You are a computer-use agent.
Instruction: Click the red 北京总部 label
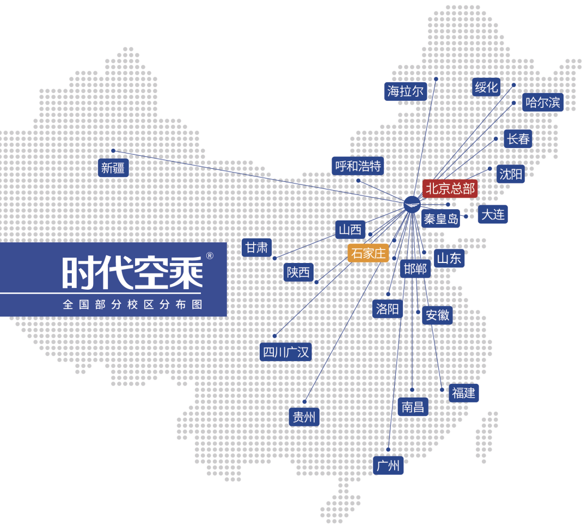coord(450,189)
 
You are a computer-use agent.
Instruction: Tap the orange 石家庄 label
coord(368,253)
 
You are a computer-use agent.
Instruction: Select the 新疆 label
coord(113,168)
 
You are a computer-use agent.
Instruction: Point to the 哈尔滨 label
coord(542,102)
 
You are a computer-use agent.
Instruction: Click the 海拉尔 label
coord(405,91)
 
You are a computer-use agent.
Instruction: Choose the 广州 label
coord(388,466)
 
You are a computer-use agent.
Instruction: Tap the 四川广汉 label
coord(286,352)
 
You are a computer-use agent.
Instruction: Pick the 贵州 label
coord(304,417)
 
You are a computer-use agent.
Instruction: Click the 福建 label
coord(463,393)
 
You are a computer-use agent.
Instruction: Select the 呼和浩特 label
coord(358,166)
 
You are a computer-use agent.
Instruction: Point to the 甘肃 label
coord(256,248)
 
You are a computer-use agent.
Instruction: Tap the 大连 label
coord(493,214)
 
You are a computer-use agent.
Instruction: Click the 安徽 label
coord(437,315)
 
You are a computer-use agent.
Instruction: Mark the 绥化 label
coord(486,87)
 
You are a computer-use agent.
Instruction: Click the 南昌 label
coord(413,406)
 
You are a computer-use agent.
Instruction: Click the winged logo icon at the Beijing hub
coord(412,203)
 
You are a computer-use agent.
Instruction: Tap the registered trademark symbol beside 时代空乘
coord(209,255)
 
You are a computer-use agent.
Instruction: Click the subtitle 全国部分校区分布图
coord(132,304)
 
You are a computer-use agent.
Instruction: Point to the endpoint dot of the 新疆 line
coord(113,151)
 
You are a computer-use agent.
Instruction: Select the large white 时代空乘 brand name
coord(132,272)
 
